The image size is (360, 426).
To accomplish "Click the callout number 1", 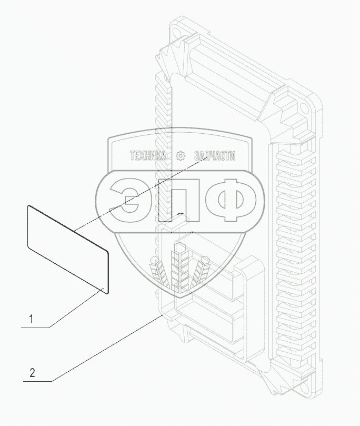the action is click(x=32, y=319).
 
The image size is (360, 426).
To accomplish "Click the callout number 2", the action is click(x=33, y=373).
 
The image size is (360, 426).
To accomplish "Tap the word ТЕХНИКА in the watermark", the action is click(x=148, y=156).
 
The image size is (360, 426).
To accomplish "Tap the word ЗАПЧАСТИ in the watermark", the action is click(x=215, y=156).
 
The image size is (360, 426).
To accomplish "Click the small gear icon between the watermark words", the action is click(x=181, y=156).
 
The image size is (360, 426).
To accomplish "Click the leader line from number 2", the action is click(x=105, y=348).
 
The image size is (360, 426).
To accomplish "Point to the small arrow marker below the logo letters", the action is click(x=181, y=214).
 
